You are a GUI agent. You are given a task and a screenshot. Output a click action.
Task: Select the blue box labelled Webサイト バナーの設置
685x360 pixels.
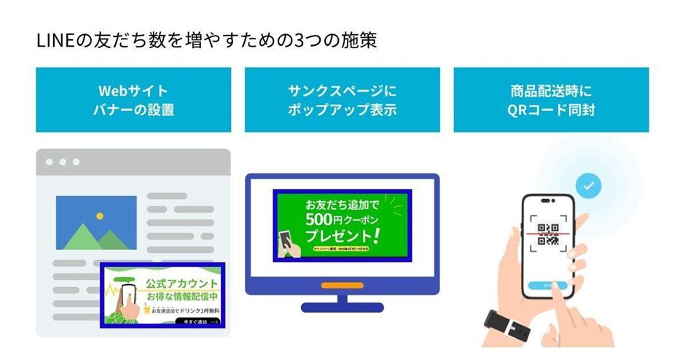click(x=133, y=100)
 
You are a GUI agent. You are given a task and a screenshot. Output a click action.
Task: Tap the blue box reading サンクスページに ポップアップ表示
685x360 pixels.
click(x=342, y=100)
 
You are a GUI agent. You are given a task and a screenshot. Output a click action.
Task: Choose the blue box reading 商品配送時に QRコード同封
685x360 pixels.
click(x=551, y=100)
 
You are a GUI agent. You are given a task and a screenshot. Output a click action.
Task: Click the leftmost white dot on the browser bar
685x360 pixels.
click(x=50, y=162)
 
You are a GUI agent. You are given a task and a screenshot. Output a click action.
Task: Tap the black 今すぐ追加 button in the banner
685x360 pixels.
click(x=197, y=321)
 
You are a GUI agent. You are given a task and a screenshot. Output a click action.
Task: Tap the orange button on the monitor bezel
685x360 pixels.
click(x=342, y=285)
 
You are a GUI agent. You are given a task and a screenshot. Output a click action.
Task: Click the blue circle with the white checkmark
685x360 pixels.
click(x=590, y=187)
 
